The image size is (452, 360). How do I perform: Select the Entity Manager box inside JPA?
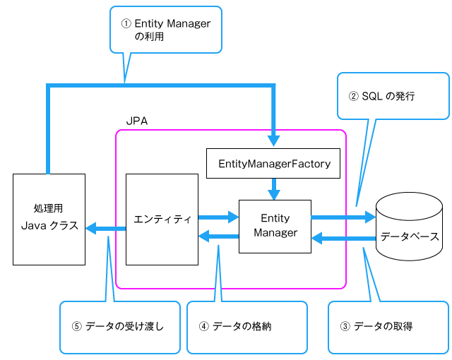click(x=275, y=225)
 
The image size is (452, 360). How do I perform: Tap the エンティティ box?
click(x=162, y=219)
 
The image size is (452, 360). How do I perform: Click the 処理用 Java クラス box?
click(x=49, y=219)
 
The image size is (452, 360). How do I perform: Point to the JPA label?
click(x=136, y=121)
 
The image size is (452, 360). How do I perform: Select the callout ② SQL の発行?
click(x=393, y=96)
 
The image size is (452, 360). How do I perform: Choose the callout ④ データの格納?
click(x=246, y=326)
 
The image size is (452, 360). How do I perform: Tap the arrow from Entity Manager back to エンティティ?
click(x=219, y=237)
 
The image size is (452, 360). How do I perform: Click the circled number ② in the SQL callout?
click(x=353, y=96)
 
